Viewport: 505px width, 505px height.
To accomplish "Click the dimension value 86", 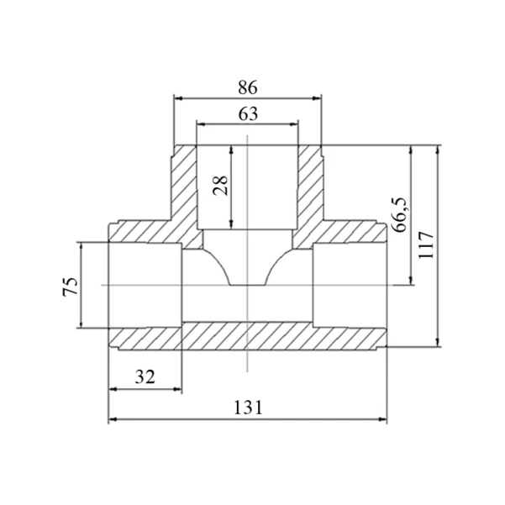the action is [x=248, y=87].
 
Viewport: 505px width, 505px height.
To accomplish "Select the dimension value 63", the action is [x=248, y=114].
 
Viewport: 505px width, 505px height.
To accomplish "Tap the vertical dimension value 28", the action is [x=221, y=186].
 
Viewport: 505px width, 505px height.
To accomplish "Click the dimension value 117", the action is [x=426, y=245].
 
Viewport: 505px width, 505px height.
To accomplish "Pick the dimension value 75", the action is [x=71, y=286].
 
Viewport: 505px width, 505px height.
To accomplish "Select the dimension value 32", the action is [x=145, y=376].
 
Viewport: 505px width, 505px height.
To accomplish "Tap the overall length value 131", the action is [x=248, y=408].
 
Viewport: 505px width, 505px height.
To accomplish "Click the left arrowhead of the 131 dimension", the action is [x=113, y=419].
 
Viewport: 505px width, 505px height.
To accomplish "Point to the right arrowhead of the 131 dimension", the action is [x=383, y=419].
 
